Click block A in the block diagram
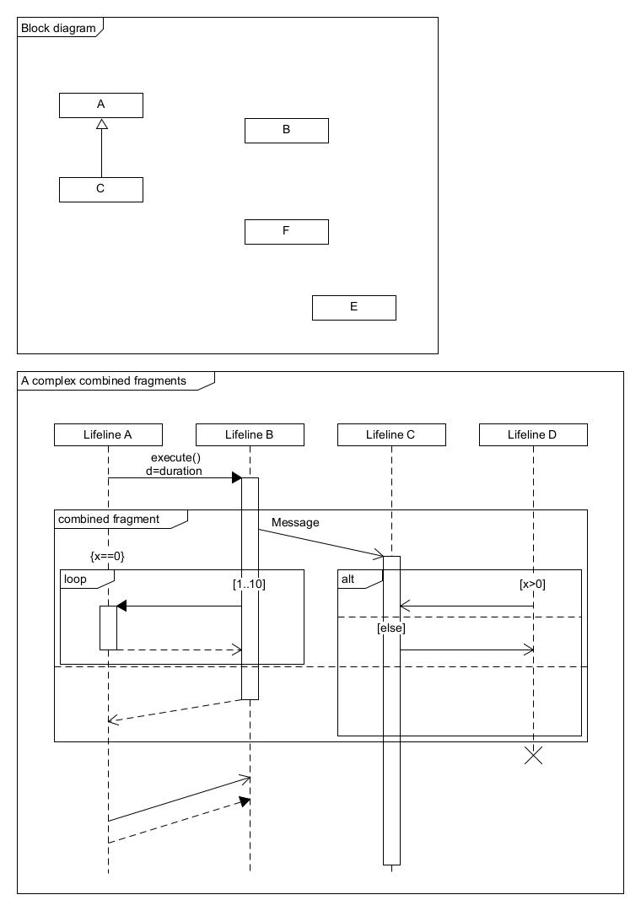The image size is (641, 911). tap(101, 105)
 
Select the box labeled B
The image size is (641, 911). tap(287, 130)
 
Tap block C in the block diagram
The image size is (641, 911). tap(101, 189)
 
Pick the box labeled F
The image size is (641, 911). tap(287, 231)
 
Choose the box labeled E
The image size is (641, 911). tap(354, 307)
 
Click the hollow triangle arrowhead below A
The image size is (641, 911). tap(101, 125)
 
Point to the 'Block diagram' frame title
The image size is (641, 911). tap(58, 28)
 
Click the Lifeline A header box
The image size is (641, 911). tap(108, 434)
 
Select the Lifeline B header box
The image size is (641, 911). tap(250, 434)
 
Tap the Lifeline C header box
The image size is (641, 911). tap(391, 434)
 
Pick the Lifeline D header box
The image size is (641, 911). tap(533, 434)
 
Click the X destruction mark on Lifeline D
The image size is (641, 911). tap(533, 755)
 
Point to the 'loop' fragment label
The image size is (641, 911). tap(76, 579)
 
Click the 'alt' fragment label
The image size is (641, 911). tap(348, 579)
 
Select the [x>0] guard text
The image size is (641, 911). tap(532, 583)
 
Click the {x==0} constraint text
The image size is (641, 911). tap(107, 556)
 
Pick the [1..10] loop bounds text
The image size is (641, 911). tap(250, 583)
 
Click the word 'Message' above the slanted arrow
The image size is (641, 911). tap(295, 523)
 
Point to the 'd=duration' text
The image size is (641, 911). tap(175, 471)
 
